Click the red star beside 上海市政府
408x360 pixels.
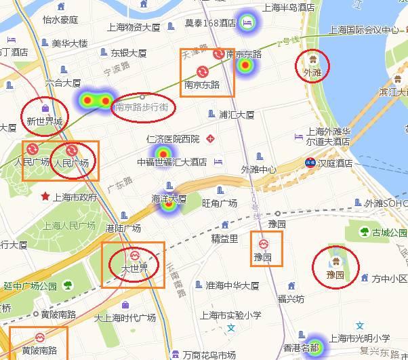(45, 197)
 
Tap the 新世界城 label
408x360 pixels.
(44, 122)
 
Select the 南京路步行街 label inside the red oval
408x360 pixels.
(143, 106)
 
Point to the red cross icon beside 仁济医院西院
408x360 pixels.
(211, 139)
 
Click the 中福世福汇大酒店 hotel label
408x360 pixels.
(173, 162)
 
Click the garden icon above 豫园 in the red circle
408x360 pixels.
(335, 262)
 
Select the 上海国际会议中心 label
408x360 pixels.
(363, 30)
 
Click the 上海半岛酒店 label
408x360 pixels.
(289, 7)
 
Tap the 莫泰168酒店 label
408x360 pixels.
(210, 23)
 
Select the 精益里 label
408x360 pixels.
(224, 239)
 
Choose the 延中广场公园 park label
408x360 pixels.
(30, 285)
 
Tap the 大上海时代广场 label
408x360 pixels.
(125, 318)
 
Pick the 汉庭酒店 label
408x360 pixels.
(335, 163)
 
